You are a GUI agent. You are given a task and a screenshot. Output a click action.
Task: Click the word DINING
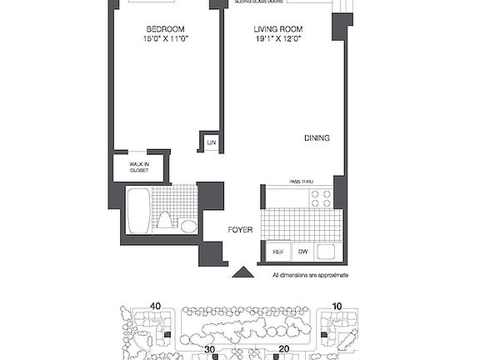[317, 138]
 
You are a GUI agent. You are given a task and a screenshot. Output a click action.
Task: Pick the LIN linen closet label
[211, 143]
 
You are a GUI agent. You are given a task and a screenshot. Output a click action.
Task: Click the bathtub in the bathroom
[137, 212]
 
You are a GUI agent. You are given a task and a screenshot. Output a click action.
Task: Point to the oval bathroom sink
[188, 225]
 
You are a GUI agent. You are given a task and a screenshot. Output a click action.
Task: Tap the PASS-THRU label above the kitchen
[306, 181]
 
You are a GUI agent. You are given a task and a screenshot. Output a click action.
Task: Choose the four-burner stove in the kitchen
[321, 198]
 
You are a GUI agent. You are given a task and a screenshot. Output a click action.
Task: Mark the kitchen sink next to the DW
[325, 252]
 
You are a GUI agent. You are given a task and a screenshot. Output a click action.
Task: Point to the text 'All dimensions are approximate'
[310, 275]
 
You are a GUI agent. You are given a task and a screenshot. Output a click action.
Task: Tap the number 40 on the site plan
[154, 306]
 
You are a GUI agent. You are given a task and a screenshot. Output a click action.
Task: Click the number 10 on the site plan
[337, 306]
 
